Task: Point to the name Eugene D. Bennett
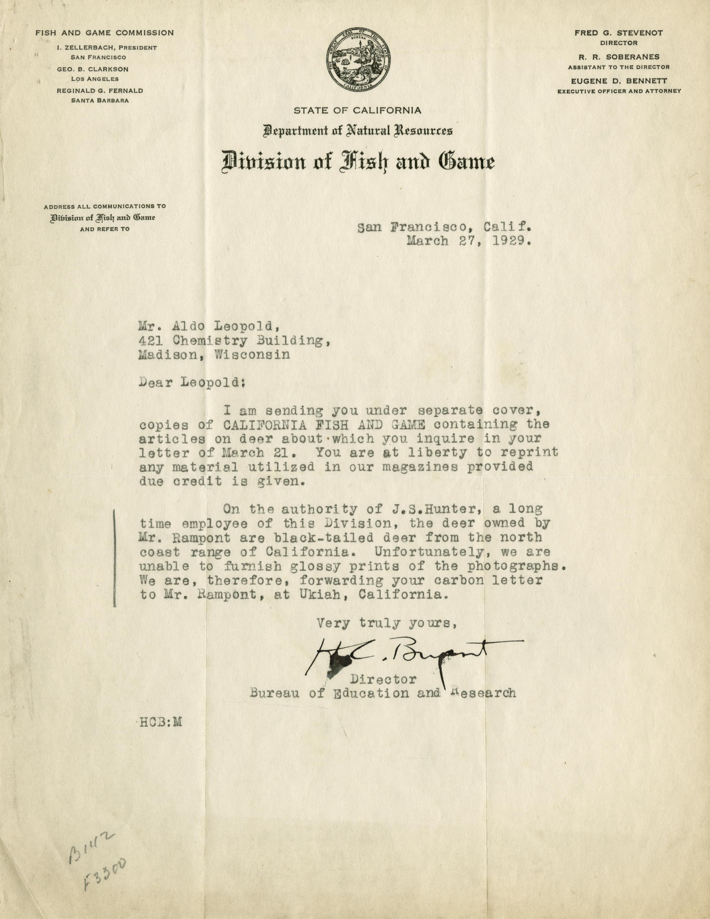click(619, 81)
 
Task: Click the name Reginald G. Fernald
click(100, 90)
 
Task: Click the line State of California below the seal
click(357, 111)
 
